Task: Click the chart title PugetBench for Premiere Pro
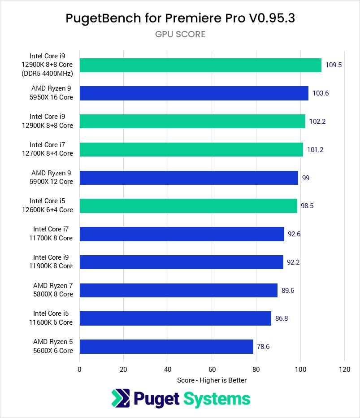click(x=180, y=18)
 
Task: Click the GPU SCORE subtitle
click(x=180, y=34)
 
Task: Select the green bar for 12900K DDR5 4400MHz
click(x=200, y=65)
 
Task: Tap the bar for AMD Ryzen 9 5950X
click(x=194, y=93)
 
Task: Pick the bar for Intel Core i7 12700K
click(x=191, y=149)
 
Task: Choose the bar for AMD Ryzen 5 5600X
click(x=166, y=347)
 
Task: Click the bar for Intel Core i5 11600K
click(x=175, y=318)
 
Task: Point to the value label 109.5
click(x=334, y=65)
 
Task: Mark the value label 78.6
click(x=263, y=347)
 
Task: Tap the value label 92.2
click(x=293, y=262)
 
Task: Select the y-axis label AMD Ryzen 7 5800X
click(x=53, y=290)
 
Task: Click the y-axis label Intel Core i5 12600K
click(x=51, y=206)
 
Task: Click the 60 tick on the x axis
click(x=212, y=370)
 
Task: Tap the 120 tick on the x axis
click(x=344, y=370)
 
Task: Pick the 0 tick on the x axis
click(x=79, y=370)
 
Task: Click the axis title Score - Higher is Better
click(x=212, y=380)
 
